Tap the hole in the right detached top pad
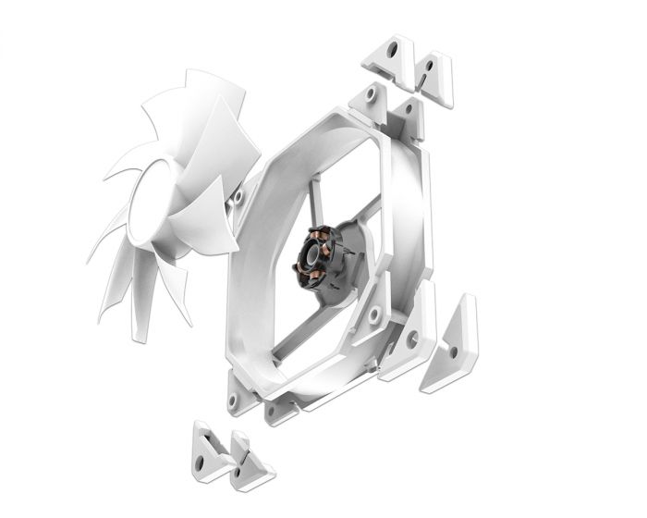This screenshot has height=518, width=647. coord(431,68)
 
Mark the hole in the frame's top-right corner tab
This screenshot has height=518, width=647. coord(406,112)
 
